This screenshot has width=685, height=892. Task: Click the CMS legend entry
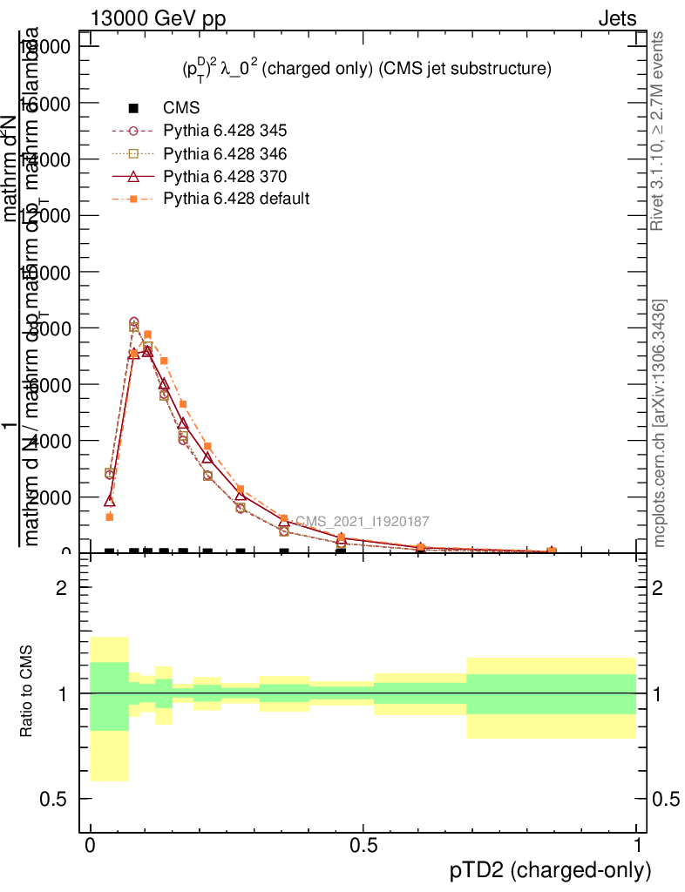coord(181,108)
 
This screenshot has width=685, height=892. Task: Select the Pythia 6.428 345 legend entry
coord(225,131)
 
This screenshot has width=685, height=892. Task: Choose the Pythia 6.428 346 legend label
coord(225,153)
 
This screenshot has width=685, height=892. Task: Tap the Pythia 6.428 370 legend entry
coord(225,176)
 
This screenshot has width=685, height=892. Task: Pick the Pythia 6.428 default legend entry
coord(236,199)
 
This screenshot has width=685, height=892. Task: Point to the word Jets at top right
coord(616,19)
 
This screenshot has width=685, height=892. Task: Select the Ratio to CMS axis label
coord(27,693)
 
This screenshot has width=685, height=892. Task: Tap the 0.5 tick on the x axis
coord(363,846)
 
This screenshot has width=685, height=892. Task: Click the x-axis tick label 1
coord(637,846)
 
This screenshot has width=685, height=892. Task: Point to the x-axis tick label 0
coord(91,846)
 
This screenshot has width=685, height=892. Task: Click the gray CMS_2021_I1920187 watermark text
coord(362,522)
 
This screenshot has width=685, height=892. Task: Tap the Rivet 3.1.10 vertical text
coord(658,131)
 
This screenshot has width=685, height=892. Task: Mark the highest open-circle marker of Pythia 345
coord(133,322)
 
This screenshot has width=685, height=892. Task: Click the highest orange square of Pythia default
coord(148,334)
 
